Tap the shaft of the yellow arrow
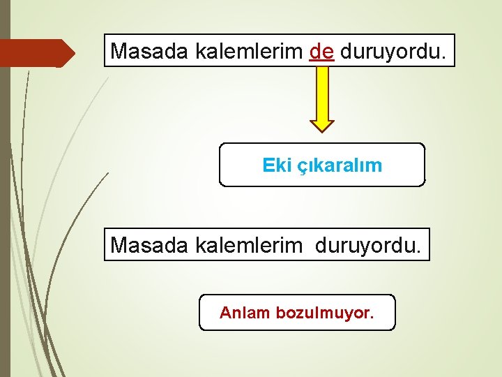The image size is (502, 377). tap(322, 91)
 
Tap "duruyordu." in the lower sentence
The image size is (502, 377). tap(369, 245)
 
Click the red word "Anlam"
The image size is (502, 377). tap(244, 313)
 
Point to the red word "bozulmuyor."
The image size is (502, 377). tap(324, 313)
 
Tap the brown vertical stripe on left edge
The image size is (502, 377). tap(5, 188)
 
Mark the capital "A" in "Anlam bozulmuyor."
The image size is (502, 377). tap(225, 313)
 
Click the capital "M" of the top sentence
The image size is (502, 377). tap(119, 51)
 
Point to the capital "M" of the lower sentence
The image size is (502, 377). tap(119, 245)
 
